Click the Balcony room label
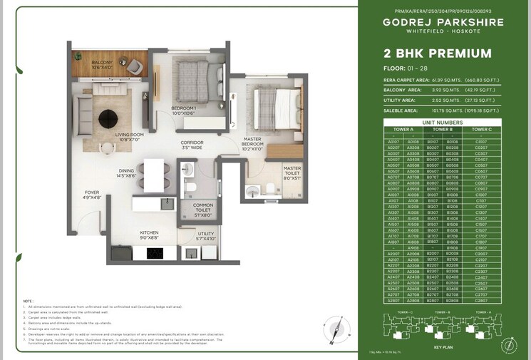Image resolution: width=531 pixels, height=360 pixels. tap(102, 65)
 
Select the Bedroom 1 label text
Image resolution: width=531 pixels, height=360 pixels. tap(183, 110)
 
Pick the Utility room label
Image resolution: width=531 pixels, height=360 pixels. tap(206, 235)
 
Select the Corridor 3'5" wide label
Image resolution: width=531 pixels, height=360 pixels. tap(192, 145)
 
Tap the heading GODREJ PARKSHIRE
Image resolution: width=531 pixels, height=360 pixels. tap(443, 22)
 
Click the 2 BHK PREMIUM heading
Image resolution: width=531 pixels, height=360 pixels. tap(437, 53)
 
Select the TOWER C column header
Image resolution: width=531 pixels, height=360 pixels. tap(481, 130)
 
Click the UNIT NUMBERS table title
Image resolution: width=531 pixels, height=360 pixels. tap(443, 123)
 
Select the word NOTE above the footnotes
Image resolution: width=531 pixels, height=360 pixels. tap(29, 302)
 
